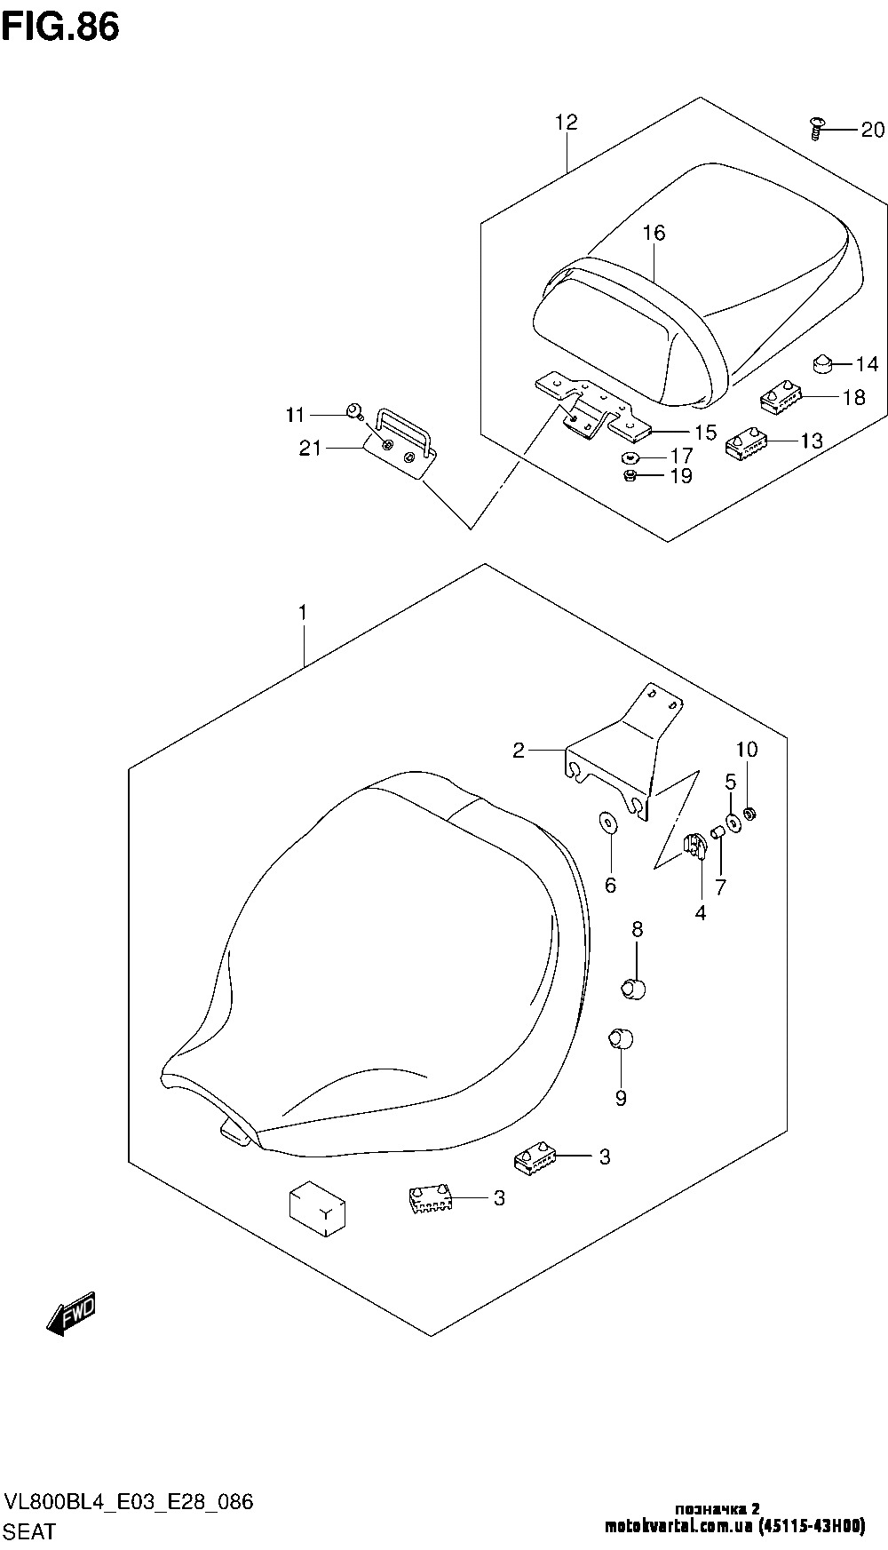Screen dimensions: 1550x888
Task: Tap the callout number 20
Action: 872,130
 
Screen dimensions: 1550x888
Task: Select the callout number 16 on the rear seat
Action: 654,234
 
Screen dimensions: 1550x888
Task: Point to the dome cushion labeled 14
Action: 822,363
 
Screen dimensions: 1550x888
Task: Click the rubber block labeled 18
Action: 781,395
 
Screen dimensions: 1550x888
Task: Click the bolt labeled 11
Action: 354,411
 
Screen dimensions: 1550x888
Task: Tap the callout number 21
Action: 310,449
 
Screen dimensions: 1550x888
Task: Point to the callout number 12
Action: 567,122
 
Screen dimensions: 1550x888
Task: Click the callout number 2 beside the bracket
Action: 519,751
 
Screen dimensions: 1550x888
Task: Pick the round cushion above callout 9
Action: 620,1037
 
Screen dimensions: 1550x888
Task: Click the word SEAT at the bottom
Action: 30,1532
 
